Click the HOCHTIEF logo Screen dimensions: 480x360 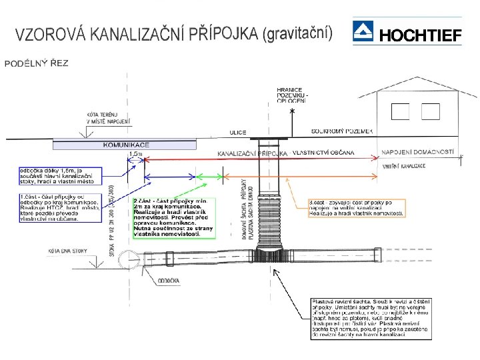(407, 32)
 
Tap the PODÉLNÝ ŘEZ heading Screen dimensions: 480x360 (37, 63)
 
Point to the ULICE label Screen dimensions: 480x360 (238, 133)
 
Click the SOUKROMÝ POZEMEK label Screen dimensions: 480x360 (341, 132)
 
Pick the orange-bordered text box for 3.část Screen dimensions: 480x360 (355, 207)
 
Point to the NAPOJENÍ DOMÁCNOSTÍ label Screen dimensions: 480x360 (417, 153)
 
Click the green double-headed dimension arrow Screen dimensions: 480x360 (209, 177)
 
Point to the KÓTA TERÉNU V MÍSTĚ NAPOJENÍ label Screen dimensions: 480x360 (109, 118)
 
